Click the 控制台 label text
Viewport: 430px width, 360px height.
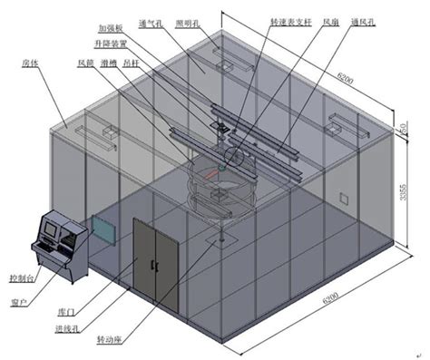pyautogui.click(x=22, y=277)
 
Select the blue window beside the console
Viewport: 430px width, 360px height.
pyautogui.click(x=103, y=229)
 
